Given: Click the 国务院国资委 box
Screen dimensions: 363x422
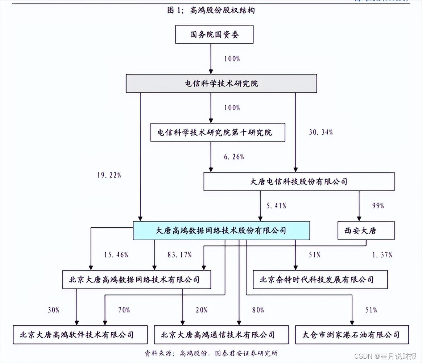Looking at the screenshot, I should [x=214, y=35].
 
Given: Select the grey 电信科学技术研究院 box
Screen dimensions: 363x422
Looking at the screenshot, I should [x=221, y=83].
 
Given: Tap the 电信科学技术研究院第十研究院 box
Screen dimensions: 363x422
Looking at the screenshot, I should [x=218, y=132].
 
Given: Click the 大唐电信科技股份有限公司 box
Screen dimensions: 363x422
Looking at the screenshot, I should [x=299, y=181].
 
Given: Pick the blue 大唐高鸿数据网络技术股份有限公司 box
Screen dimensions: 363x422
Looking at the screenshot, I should [x=221, y=231].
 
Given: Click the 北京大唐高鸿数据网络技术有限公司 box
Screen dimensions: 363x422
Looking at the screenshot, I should [x=137, y=280].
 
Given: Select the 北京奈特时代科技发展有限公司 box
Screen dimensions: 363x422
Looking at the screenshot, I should [x=320, y=280].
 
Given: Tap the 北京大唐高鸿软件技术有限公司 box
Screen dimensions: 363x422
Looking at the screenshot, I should [x=80, y=334].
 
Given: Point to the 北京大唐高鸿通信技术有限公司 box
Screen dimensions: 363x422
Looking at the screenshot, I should [x=221, y=334].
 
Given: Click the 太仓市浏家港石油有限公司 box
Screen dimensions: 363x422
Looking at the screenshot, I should [x=352, y=334].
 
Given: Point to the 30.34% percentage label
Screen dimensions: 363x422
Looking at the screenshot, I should [x=320, y=132].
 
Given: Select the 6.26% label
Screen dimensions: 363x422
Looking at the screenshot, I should [x=233, y=157].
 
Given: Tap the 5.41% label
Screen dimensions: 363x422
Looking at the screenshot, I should [x=276, y=206].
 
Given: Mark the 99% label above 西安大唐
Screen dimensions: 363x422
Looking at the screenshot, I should [x=377, y=206].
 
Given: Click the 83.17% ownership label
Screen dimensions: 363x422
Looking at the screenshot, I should [x=180, y=255].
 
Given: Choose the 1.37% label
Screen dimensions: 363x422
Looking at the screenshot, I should [x=382, y=255].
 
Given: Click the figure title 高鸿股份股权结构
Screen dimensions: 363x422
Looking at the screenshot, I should [x=211, y=10].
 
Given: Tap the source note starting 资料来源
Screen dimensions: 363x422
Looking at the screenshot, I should [x=211, y=353].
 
